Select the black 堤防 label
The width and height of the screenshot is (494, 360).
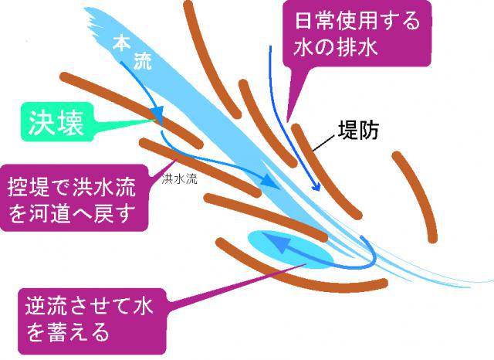(x=362, y=130)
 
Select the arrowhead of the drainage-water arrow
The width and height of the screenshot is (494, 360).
(x=314, y=186)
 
